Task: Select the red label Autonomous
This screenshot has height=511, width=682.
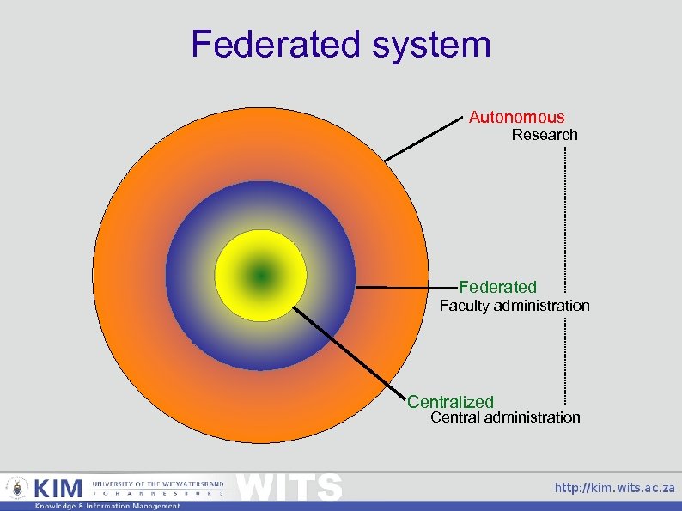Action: (516, 117)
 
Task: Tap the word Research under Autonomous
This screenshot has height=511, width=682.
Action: (545, 135)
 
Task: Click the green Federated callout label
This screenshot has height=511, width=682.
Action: (497, 287)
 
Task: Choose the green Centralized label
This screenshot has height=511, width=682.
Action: (450, 401)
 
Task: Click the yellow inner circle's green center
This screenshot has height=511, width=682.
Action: (260, 276)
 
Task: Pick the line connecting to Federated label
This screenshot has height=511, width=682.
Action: (404, 286)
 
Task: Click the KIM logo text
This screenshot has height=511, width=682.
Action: (58, 489)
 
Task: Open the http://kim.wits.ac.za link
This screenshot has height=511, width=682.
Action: (614, 488)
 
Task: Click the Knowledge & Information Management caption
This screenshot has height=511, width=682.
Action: (107, 506)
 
